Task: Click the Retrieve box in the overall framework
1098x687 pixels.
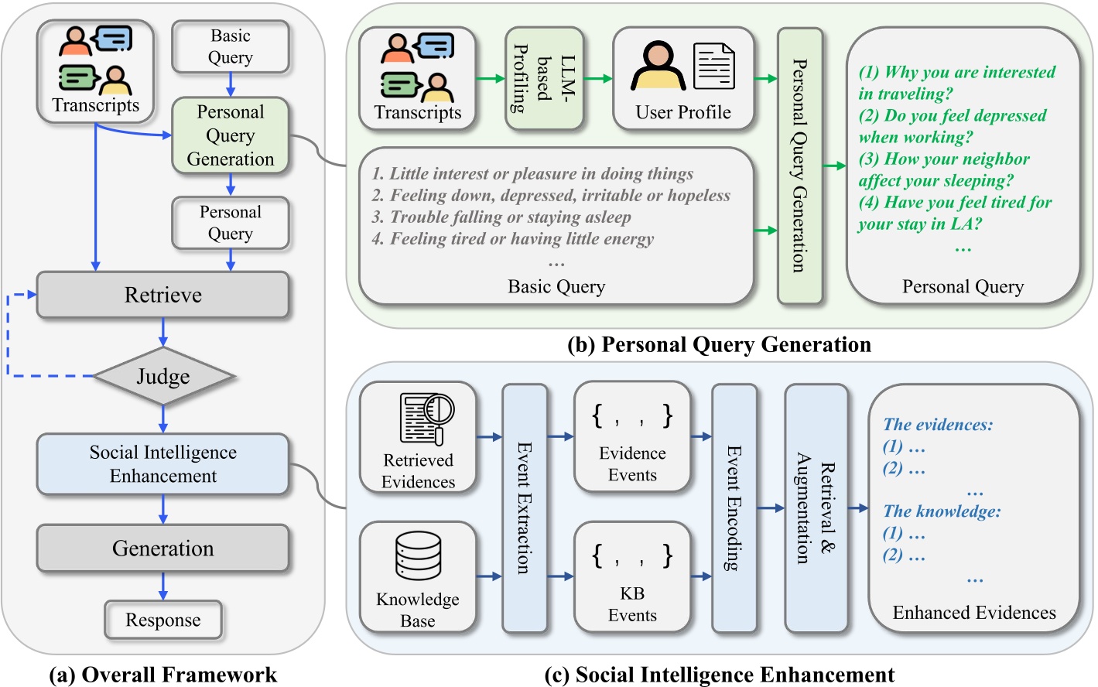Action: (x=162, y=295)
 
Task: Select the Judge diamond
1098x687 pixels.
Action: (x=162, y=376)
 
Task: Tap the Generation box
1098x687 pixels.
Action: (x=162, y=549)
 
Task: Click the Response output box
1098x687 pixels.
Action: (x=163, y=620)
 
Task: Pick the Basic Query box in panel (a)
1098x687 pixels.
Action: (x=230, y=46)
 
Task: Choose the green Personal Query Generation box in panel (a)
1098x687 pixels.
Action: (x=230, y=135)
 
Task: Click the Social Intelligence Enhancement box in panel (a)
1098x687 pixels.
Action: (x=162, y=464)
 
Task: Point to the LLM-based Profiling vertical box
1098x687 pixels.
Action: (x=544, y=78)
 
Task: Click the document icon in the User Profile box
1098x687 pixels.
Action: (x=713, y=67)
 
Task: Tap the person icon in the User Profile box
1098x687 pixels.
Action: (x=658, y=67)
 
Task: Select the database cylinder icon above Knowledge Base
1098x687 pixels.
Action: (x=418, y=555)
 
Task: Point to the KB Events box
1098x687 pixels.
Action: (x=631, y=577)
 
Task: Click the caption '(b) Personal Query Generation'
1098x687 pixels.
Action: (x=719, y=344)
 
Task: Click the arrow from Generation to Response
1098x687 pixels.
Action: (x=162, y=586)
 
